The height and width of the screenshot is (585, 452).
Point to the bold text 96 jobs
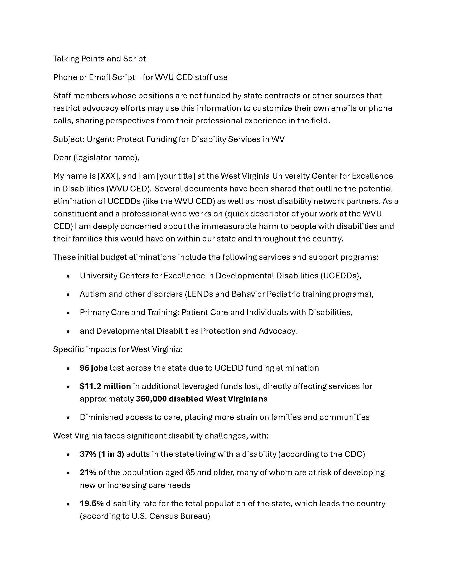tap(94, 368)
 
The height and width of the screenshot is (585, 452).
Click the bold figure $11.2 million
tap(105, 386)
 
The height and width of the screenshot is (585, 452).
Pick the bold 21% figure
tap(88, 473)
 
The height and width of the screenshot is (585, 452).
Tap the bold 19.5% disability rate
tap(91, 504)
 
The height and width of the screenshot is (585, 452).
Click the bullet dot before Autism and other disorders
tap(68, 294)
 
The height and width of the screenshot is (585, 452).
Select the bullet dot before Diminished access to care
tap(68, 417)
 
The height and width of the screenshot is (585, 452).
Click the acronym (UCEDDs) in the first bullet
tap(340, 276)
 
